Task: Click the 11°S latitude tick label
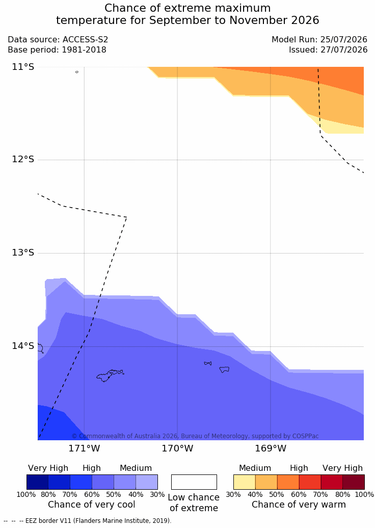point(23,67)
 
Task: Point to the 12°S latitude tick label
point(23,159)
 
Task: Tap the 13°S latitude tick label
point(23,252)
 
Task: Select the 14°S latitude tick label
point(23,345)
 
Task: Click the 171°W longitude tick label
point(84,448)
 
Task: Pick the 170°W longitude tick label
point(178,448)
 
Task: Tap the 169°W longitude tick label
point(271,448)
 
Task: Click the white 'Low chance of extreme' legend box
point(194,482)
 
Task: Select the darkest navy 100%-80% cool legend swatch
point(37,482)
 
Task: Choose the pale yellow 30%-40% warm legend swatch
point(245,482)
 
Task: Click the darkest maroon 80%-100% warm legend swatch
point(354,482)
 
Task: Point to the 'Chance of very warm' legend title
point(299,505)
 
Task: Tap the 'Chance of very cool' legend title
point(92,505)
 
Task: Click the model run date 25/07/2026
point(344,40)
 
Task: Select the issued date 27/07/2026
point(344,50)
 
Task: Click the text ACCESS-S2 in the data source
point(86,40)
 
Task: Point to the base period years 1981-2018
point(84,50)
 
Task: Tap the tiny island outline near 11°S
point(77,72)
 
